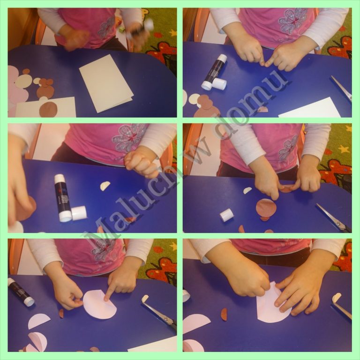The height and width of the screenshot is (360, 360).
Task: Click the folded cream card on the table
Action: point(106,83)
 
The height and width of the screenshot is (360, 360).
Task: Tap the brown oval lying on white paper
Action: point(48,109)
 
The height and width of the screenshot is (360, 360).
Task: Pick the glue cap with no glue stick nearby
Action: point(226,215)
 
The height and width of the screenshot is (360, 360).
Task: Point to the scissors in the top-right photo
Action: point(342,89)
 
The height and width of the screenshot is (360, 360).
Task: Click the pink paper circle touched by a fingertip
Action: point(100,304)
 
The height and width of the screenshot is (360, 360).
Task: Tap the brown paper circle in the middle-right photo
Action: point(266,208)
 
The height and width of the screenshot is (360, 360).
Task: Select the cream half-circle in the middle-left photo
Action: point(105,186)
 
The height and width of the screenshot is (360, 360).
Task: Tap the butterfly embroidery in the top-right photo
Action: point(292,21)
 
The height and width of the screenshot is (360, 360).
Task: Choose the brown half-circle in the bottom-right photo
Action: point(224,314)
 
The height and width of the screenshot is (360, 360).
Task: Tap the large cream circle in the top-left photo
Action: point(23,82)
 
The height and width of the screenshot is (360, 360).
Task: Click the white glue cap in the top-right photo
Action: point(219,84)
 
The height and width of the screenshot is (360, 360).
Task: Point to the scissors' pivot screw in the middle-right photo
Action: point(337,222)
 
